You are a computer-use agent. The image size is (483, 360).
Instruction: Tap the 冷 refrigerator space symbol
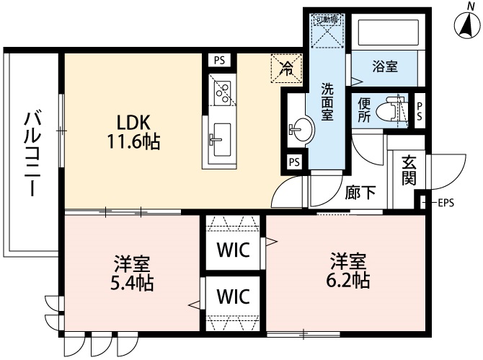pyautogui.click(x=286, y=69)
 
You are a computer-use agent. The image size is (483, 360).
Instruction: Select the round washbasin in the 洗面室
pyautogui.click(x=301, y=130)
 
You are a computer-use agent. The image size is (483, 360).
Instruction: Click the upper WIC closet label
pyautogui.click(x=233, y=250)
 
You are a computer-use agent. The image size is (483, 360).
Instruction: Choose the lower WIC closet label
pyautogui.click(x=233, y=296)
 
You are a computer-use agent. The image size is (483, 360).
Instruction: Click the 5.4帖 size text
pyautogui.click(x=130, y=282)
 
